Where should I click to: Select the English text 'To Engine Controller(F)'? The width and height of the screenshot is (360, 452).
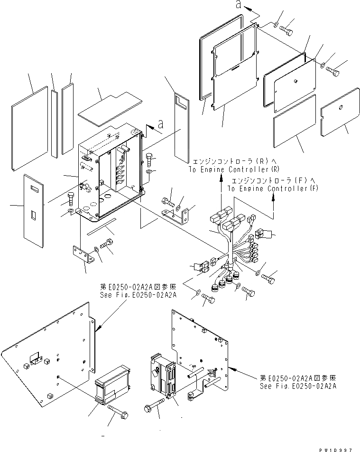pos(273,188)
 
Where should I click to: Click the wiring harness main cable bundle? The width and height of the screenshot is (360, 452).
pos(231,247)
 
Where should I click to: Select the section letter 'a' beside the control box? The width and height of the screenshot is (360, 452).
pos(160,124)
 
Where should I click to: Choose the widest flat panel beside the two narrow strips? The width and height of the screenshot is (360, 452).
pos(30,128)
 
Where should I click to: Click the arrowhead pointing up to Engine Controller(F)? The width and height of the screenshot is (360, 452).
pos(273,198)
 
